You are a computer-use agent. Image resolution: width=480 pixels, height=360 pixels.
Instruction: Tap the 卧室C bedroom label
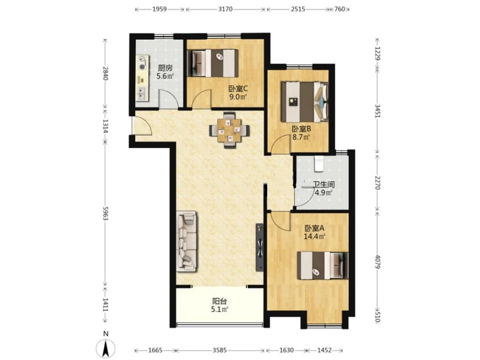click(x=238, y=89)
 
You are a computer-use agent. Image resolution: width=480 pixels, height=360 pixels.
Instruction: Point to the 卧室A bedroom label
click(x=314, y=228)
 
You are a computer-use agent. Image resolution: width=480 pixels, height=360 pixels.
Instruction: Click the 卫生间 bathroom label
click(x=323, y=185)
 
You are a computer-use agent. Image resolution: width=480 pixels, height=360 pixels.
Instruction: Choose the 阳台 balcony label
click(x=220, y=301)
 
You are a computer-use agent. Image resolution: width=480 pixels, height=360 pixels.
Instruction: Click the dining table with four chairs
click(x=229, y=130)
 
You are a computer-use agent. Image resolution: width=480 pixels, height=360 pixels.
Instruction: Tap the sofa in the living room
click(x=187, y=241)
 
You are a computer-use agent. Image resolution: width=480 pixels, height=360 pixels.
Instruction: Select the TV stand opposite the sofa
click(x=260, y=247)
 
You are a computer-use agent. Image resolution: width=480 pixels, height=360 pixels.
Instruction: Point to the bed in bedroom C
click(x=213, y=63)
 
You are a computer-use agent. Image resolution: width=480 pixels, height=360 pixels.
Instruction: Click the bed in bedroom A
click(x=322, y=265)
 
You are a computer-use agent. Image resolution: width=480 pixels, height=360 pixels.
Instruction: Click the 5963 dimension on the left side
click(x=105, y=213)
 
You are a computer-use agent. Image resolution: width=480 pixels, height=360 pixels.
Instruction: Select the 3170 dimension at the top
click(x=225, y=9)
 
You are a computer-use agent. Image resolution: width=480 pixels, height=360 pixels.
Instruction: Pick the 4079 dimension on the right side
click(x=377, y=262)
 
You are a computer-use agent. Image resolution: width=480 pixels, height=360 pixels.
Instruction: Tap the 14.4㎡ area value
click(x=314, y=236)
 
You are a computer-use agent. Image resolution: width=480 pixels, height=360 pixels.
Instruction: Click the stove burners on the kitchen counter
click(x=142, y=62)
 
